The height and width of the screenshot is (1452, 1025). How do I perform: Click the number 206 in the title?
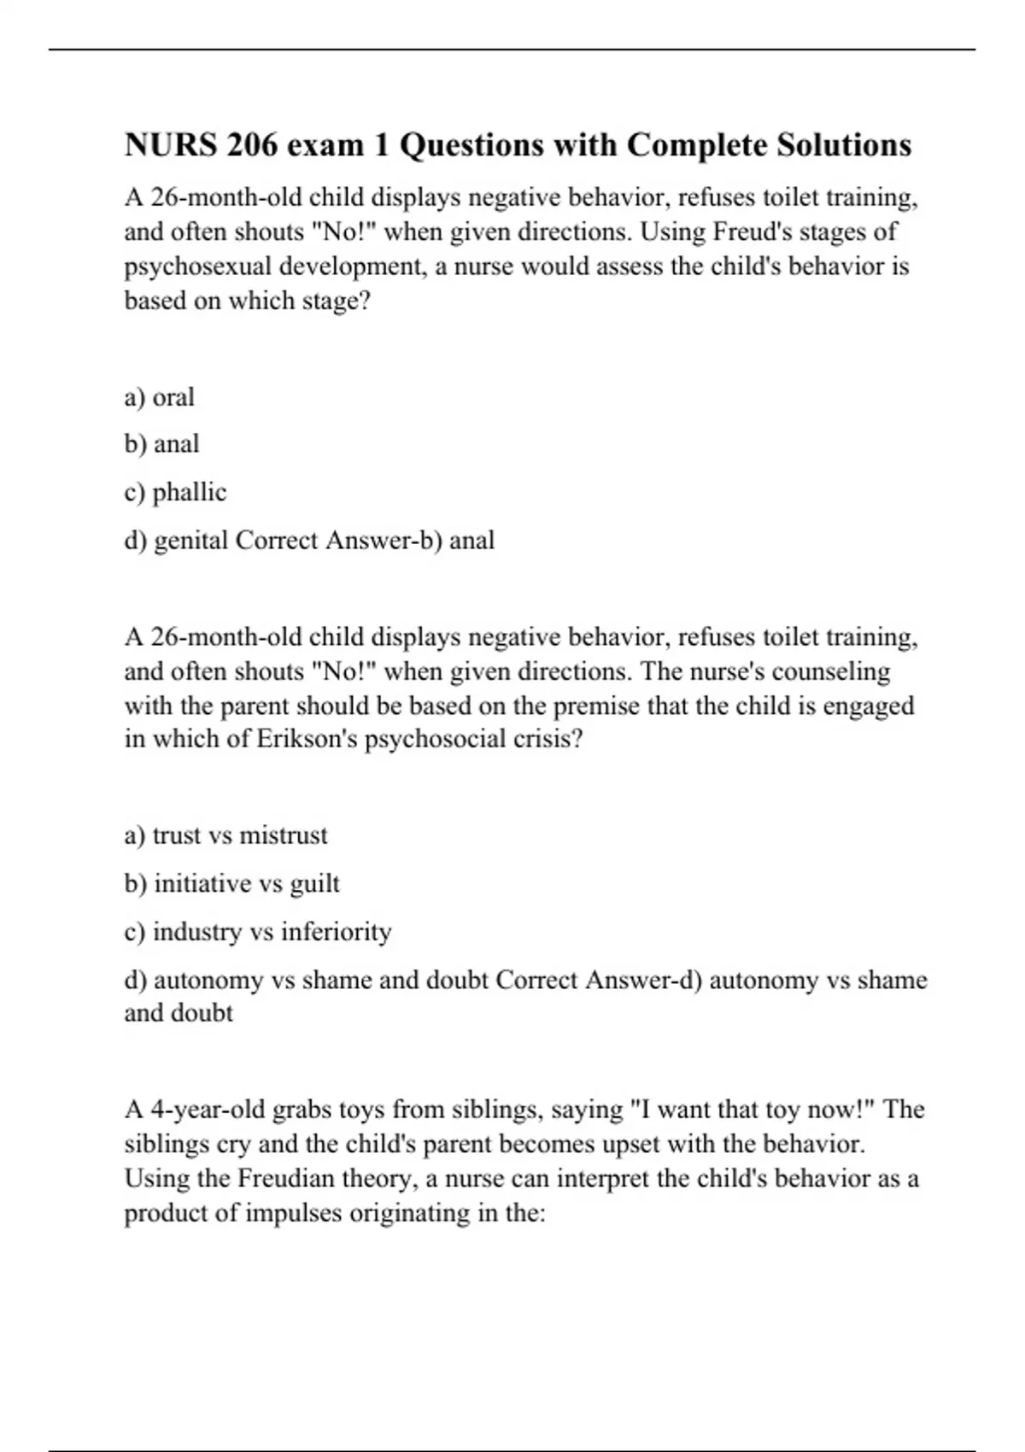[x=253, y=145]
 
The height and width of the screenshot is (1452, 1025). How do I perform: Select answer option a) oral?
[x=160, y=397]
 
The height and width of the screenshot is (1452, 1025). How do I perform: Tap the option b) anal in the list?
[x=162, y=444]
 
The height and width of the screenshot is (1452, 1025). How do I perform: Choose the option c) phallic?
[x=175, y=493]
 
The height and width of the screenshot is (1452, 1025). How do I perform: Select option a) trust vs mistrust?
[x=225, y=835]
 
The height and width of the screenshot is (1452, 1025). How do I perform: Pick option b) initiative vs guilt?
[x=231, y=883]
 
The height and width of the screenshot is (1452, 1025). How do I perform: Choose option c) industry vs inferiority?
[x=258, y=931]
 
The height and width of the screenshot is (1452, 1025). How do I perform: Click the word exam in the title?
[x=325, y=145]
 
